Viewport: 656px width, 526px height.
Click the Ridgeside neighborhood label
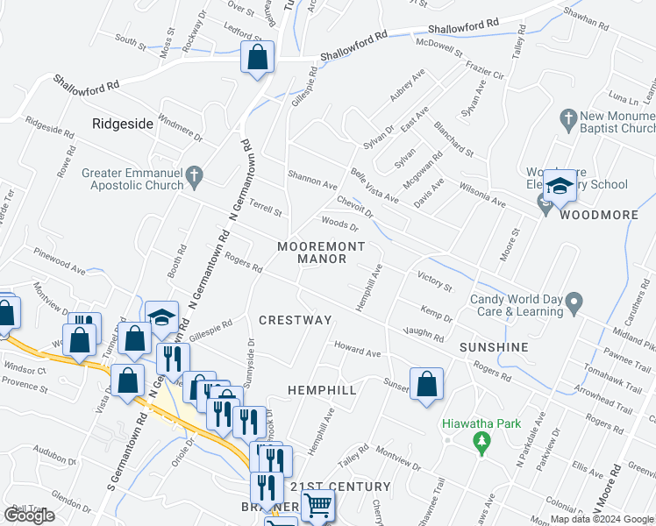(x=122, y=124)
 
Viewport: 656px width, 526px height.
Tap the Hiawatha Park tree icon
(x=481, y=444)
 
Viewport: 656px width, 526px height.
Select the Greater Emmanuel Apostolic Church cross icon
(x=196, y=178)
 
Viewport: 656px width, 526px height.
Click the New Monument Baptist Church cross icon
(x=567, y=117)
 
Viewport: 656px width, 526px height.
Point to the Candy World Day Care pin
(x=574, y=304)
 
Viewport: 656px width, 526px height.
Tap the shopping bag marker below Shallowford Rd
(x=258, y=58)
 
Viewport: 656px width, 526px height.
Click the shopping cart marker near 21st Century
(x=317, y=505)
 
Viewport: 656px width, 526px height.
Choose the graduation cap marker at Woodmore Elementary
(x=560, y=186)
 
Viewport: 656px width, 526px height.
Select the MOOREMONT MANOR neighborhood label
(x=311, y=252)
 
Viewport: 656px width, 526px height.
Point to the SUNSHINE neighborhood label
(x=494, y=347)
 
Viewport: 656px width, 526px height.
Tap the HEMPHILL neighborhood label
(x=322, y=389)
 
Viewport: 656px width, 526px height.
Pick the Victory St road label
(x=434, y=282)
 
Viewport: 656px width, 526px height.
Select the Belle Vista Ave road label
(x=374, y=186)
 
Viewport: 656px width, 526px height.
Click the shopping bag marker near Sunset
(x=426, y=384)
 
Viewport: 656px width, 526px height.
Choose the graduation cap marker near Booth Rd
(x=161, y=317)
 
